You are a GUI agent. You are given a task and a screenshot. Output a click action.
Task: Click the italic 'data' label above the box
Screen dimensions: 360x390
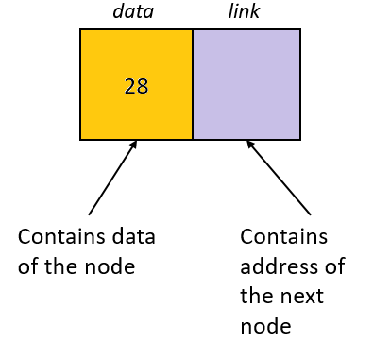pos(133,11)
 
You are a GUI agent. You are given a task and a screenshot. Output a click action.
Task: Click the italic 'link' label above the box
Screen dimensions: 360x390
pos(244,11)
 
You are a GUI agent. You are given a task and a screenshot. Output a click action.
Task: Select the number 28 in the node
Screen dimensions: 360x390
pos(136,86)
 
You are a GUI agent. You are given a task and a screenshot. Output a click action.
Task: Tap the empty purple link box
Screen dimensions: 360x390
pos(246,84)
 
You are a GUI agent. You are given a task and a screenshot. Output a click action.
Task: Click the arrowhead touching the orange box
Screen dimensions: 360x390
pos(133,146)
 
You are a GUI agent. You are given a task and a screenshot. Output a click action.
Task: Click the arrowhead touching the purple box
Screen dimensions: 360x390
pos(251,146)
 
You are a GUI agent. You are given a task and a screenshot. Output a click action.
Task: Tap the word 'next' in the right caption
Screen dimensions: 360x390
pos(300,296)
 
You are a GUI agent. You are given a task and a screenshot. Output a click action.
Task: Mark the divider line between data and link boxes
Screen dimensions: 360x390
pos(193,84)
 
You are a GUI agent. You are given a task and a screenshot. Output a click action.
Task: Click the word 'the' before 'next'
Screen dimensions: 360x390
pos(257,296)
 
